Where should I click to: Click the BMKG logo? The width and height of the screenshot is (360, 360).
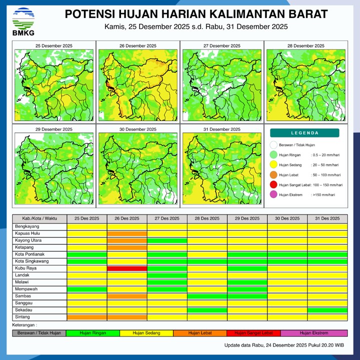23,21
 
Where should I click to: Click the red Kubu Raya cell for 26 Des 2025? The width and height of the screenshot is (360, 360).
127,268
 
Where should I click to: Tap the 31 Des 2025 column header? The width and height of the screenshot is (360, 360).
327,218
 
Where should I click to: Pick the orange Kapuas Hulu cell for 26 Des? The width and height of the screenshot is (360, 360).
127,233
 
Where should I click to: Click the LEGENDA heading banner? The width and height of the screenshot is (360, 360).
304,133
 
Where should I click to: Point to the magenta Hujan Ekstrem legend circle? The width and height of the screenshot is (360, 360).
273,194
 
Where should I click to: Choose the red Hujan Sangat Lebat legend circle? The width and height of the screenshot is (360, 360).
273,185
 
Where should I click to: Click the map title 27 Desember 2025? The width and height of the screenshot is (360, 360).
221,45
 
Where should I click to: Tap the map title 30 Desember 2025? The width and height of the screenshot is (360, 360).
137,129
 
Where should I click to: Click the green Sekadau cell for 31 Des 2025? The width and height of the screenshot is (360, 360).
327,310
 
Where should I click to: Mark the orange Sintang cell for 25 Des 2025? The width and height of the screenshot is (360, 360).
87,317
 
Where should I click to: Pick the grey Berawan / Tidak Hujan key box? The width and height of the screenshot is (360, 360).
39,333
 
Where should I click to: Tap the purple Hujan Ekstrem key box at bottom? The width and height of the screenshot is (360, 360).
314,333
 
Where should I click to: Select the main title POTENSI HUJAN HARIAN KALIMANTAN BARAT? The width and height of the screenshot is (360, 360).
196,13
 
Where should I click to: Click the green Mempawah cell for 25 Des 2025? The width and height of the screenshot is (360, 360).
87,289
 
